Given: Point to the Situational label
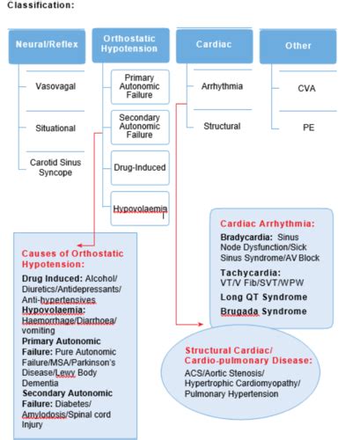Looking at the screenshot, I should [x=55, y=128].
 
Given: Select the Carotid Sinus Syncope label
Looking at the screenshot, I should [x=55, y=168].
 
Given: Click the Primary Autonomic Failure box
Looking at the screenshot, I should [x=134, y=90].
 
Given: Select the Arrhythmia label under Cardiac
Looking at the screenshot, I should [x=222, y=86].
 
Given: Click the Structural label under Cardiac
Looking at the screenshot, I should [x=222, y=126].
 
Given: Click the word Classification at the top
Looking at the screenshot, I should [x=34, y=5].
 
